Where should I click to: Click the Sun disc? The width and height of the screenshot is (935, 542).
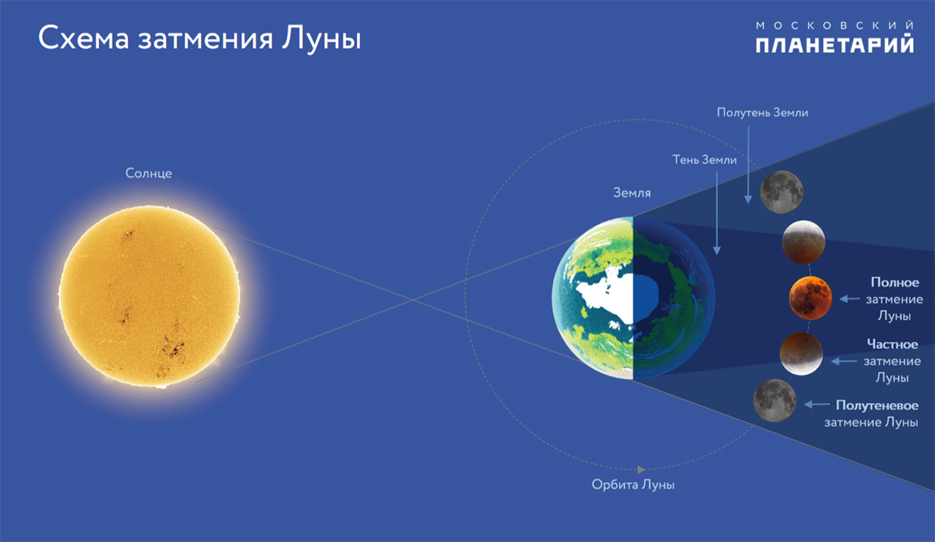pyautogui.click(x=150, y=297)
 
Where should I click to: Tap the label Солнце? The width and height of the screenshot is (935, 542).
pyautogui.click(x=149, y=173)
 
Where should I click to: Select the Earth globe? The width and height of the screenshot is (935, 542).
pyautogui.click(x=633, y=298)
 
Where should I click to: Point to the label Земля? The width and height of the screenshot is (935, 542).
pyautogui.click(x=632, y=193)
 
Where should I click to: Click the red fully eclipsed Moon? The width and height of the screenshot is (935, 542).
pyautogui.click(x=810, y=298)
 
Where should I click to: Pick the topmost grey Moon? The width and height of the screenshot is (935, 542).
pyautogui.click(x=782, y=192)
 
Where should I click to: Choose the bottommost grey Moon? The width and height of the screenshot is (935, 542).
pyautogui.click(x=774, y=400)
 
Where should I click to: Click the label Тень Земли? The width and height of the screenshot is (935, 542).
pyautogui.click(x=704, y=160)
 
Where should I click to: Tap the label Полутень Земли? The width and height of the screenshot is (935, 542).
pyautogui.click(x=762, y=112)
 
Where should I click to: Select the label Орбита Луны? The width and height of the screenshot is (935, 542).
pyautogui.click(x=633, y=484)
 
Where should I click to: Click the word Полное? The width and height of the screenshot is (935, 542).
pyautogui.click(x=894, y=282)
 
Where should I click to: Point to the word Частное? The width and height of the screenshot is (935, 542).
pyautogui.click(x=892, y=344)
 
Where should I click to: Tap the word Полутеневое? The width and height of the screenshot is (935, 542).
pyautogui.click(x=877, y=406)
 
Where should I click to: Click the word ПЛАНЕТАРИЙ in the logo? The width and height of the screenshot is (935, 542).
pyautogui.click(x=834, y=44)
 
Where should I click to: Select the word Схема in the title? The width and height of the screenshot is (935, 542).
pyautogui.click(x=83, y=38)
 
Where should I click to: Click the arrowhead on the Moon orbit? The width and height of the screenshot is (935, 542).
pyautogui.click(x=641, y=469)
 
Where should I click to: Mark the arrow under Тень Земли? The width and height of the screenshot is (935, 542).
pyautogui.click(x=717, y=214)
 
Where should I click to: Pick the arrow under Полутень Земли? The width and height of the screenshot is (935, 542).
pyautogui.click(x=748, y=165)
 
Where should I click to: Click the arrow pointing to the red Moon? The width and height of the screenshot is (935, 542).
pyautogui.click(x=849, y=299)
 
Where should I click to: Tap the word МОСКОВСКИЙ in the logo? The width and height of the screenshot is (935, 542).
pyautogui.click(x=834, y=26)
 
